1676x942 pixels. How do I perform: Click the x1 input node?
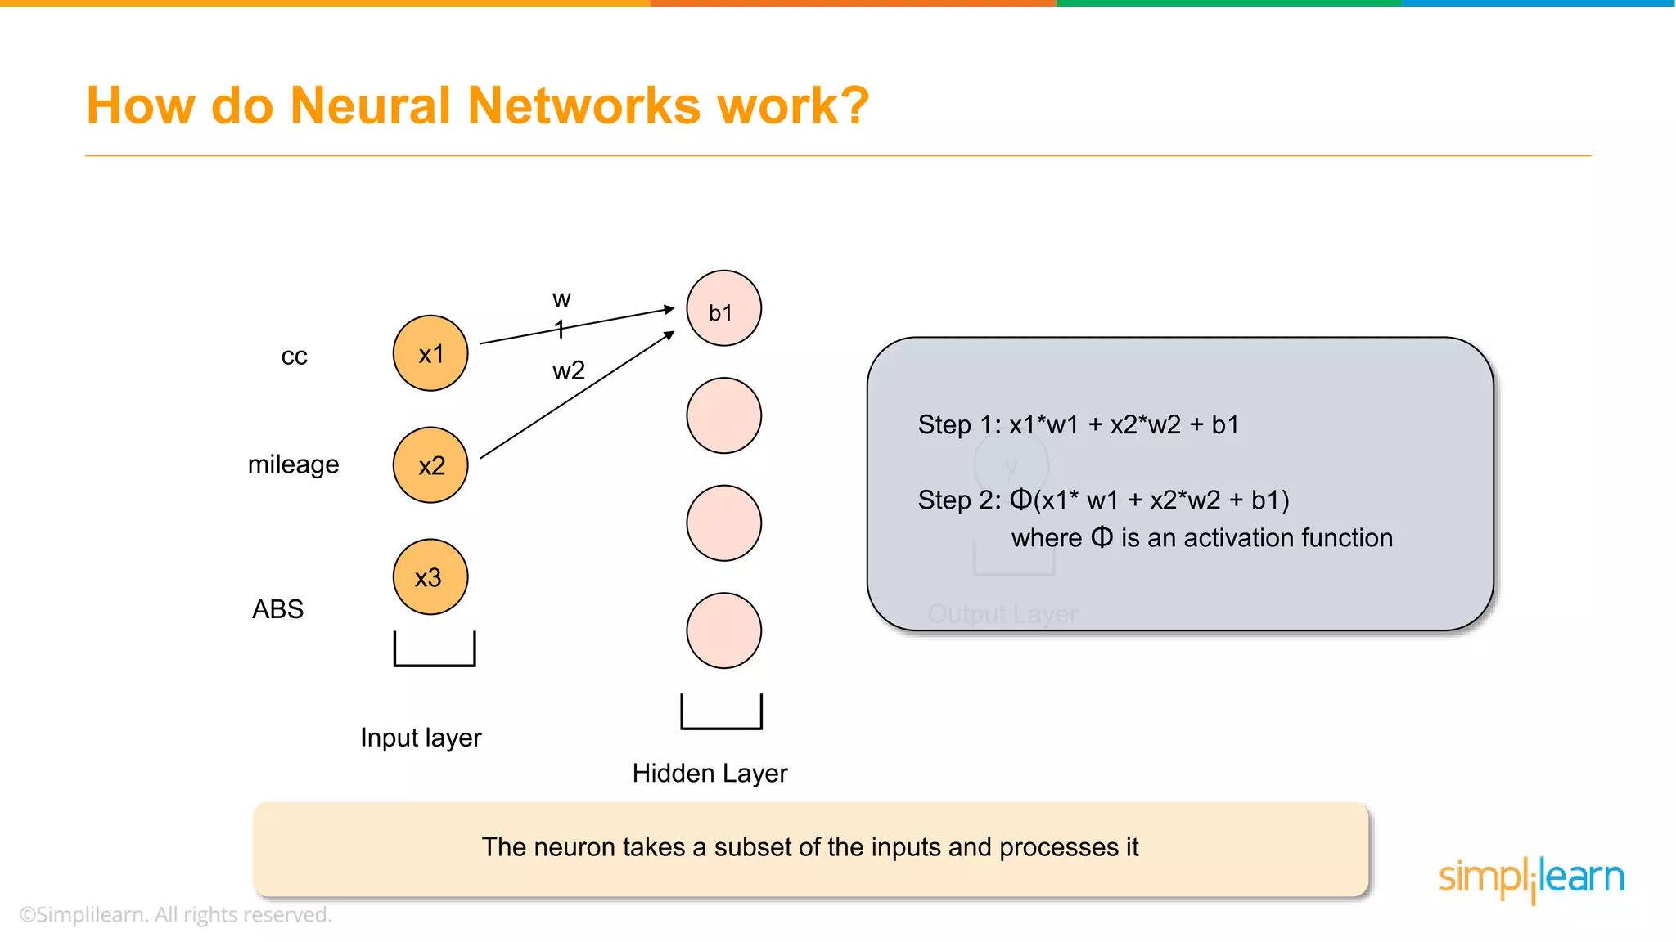[430, 353]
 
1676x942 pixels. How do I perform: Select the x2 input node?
[430, 465]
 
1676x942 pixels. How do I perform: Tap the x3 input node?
[430, 577]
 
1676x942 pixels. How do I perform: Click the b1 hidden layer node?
[723, 309]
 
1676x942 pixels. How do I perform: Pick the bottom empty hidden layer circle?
[723, 630]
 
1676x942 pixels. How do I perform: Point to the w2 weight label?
[569, 370]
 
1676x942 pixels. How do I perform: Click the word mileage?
[293, 464]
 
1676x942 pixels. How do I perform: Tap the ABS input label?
[277, 609]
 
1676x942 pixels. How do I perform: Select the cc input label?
[294, 357]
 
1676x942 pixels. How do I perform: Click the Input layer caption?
[421, 738]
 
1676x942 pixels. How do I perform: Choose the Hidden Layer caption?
[710, 774]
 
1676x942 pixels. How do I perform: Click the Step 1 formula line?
[1078, 425]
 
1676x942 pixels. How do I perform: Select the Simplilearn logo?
[1531, 878]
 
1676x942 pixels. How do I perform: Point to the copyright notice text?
[176, 915]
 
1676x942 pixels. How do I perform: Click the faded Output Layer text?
[1002, 614]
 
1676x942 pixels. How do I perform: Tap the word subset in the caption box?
[752, 847]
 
